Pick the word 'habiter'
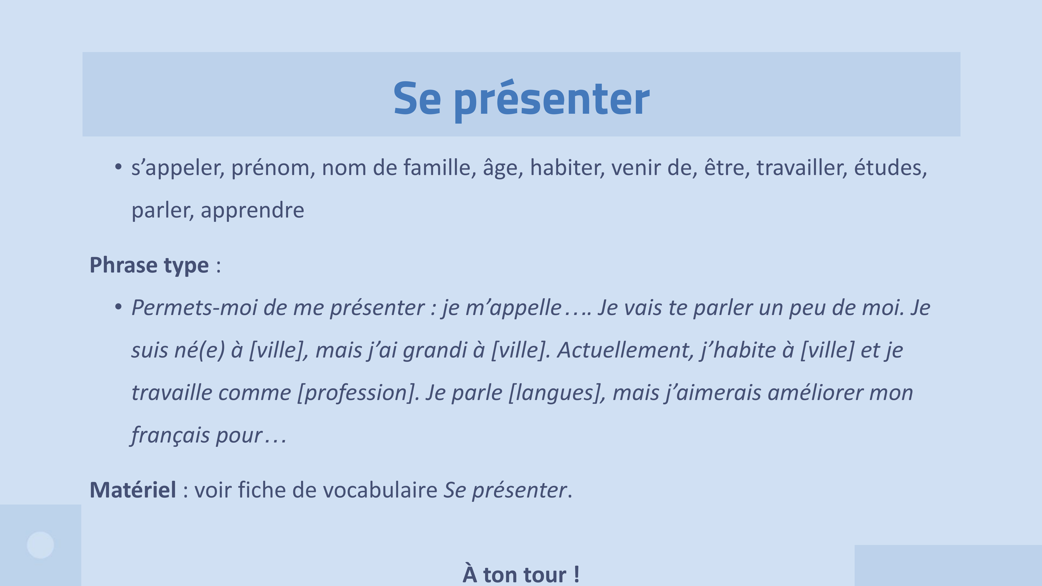click(567, 168)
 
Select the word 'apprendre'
click(252, 210)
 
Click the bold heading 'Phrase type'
click(149, 265)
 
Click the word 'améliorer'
click(815, 393)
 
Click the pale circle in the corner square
click(40, 545)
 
